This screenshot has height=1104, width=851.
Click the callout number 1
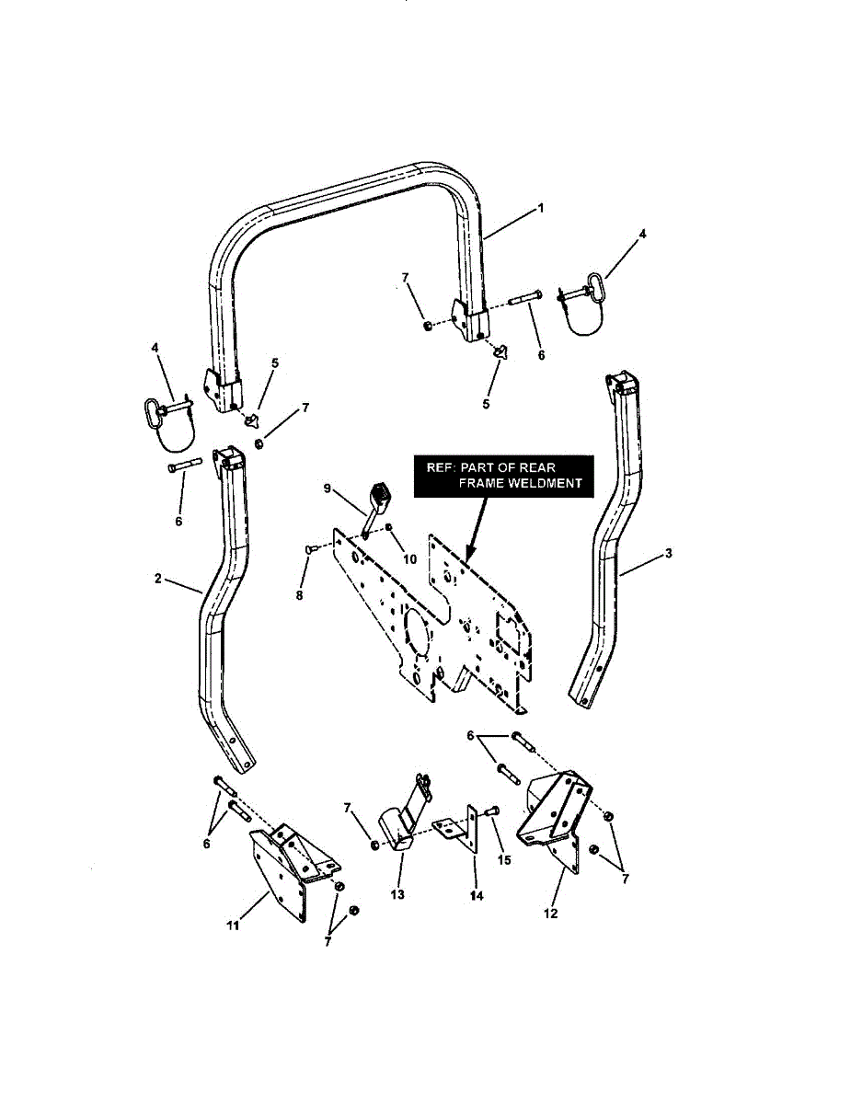pos(541,208)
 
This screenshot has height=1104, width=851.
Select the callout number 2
pos(158,579)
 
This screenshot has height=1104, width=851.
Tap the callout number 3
pos(668,553)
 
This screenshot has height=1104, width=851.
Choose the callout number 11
pos(233,925)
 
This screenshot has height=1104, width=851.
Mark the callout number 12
pos(551,914)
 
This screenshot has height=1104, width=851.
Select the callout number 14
pos(474,893)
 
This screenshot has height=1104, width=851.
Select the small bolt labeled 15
pos(489,811)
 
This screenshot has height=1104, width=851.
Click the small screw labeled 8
pos(310,548)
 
